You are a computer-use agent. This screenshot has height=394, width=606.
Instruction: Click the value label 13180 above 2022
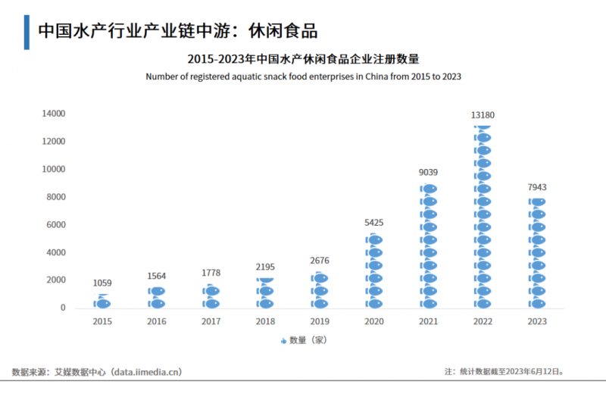483,115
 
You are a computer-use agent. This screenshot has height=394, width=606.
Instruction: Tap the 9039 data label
428,173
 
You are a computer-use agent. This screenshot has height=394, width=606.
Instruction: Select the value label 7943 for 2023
536,187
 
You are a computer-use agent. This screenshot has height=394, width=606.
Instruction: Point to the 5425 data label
374,223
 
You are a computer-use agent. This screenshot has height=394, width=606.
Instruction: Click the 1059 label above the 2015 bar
102,283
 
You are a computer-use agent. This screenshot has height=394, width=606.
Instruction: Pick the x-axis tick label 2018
265,322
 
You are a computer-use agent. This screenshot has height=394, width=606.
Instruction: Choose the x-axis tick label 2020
374,322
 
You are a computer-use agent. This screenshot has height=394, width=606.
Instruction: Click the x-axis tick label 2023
536,322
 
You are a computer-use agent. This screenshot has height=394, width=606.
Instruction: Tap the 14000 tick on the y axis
53,114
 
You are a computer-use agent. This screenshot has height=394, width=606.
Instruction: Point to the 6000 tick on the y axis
55,225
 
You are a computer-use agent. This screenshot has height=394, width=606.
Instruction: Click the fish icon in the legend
283,341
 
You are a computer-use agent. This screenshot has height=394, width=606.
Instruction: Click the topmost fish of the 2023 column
536,202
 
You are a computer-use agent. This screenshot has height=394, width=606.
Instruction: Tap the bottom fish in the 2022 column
483,303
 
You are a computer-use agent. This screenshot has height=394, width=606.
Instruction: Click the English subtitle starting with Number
303,77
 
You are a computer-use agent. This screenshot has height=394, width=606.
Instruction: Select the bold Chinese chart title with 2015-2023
303,59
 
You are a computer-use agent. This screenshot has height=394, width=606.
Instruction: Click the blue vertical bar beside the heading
27,31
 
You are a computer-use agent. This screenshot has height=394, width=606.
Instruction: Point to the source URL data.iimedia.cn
146,372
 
